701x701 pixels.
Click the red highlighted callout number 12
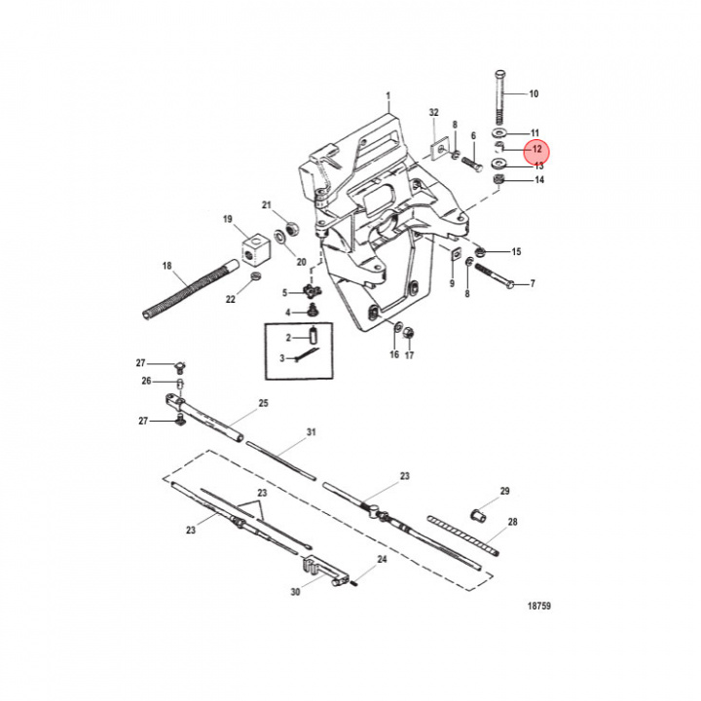coord(536,151)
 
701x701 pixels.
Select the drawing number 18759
coord(538,606)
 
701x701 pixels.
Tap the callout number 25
coord(263,402)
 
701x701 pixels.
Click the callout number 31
coord(312,431)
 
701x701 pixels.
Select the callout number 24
coord(382,560)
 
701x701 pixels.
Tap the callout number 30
coord(296,591)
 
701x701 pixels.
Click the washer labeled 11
coord(499,131)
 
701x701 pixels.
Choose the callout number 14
coord(538,180)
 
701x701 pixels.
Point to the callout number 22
coord(231,300)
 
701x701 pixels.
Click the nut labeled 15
coord(480,251)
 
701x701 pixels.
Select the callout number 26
coord(147,381)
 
